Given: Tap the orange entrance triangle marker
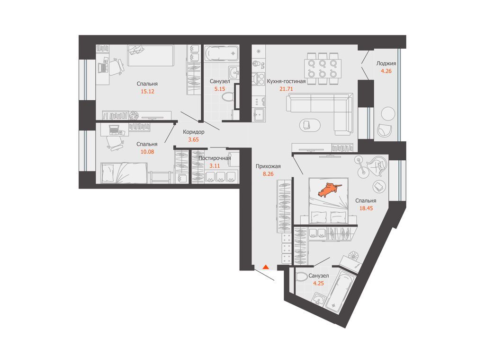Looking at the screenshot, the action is (x=265, y=267).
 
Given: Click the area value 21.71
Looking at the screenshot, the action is (x=286, y=89).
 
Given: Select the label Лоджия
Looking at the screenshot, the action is (x=386, y=64).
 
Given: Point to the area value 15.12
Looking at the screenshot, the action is (x=147, y=91).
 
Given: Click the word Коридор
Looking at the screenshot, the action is (x=194, y=132).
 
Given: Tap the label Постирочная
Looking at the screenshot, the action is (x=215, y=158).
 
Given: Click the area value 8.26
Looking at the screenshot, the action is (x=268, y=174).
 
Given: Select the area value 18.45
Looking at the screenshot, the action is (x=366, y=208).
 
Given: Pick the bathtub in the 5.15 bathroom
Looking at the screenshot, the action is (x=222, y=53).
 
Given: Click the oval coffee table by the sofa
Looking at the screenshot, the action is (x=310, y=125).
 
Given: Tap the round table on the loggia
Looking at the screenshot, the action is (x=388, y=114).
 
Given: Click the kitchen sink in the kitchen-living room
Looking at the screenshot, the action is (x=259, y=115).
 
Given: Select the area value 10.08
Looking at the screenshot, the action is (x=147, y=152).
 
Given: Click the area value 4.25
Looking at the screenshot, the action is (x=318, y=283).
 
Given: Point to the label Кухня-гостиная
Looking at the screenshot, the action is (x=286, y=81).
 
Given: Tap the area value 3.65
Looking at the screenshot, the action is (x=194, y=139).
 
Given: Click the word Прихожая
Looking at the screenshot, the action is (x=268, y=166).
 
